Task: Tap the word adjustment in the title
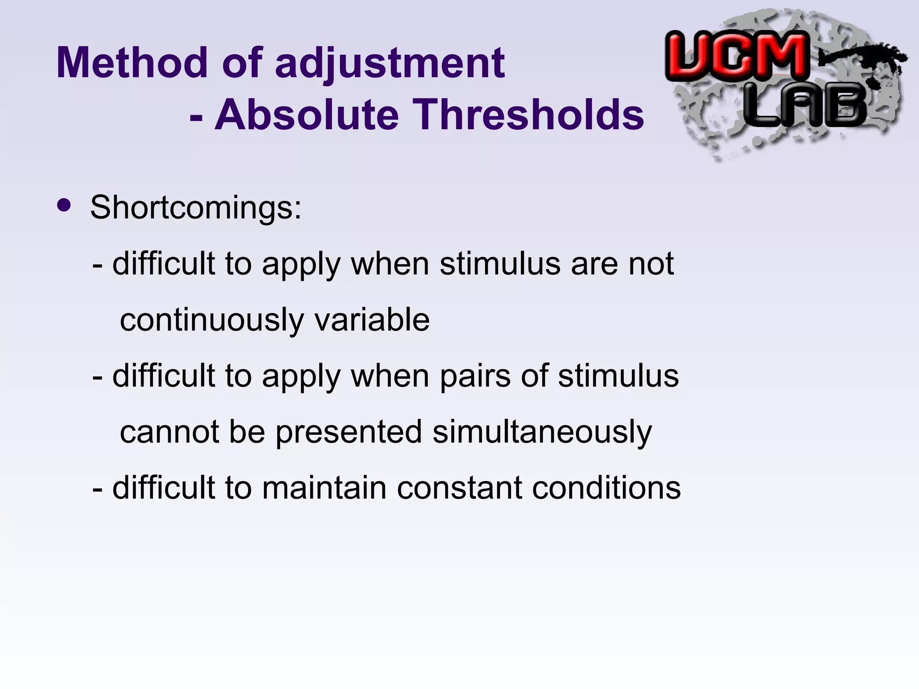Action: pos(389,64)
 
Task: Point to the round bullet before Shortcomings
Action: pos(64,205)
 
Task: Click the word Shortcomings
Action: pos(196,208)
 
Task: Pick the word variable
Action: pos(372,319)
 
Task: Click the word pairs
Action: pos(475,376)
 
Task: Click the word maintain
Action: pos(324,488)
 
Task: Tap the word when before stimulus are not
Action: pos(390,264)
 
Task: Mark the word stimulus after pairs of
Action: pos(618,376)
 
